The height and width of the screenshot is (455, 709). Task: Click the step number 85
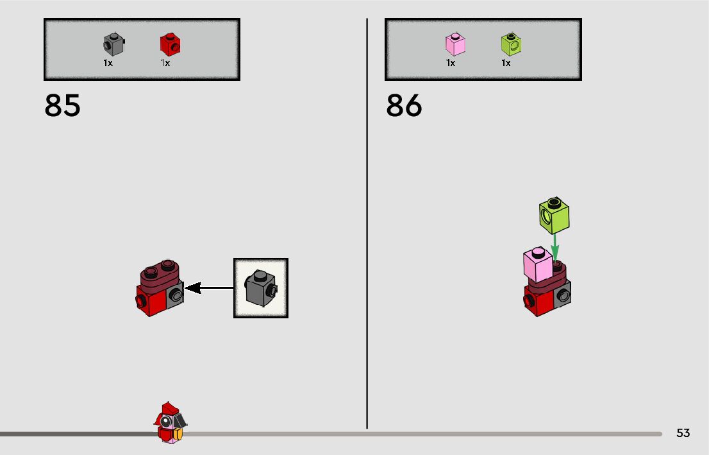[x=63, y=106]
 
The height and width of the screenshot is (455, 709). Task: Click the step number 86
[x=404, y=106]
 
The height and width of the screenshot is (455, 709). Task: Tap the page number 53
[x=683, y=433]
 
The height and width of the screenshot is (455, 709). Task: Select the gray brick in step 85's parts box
[x=113, y=44]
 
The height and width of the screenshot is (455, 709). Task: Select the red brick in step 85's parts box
[x=169, y=44]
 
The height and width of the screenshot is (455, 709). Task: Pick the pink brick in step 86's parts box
[x=455, y=44]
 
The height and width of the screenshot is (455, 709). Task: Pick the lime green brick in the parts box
[x=510, y=44]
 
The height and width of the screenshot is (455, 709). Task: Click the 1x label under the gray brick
[x=108, y=63]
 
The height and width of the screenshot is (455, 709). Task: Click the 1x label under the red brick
[x=165, y=63]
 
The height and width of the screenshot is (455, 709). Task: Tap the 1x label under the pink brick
[x=451, y=63]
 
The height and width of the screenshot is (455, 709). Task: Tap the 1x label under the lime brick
[x=506, y=63]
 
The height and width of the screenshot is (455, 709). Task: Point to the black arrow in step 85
[x=208, y=288]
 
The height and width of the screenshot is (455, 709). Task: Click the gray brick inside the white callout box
[x=260, y=288]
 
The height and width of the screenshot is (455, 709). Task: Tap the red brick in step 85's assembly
[x=152, y=301]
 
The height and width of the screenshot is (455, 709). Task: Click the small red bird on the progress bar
[x=169, y=422]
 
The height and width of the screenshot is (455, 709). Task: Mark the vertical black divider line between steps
[x=367, y=225]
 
